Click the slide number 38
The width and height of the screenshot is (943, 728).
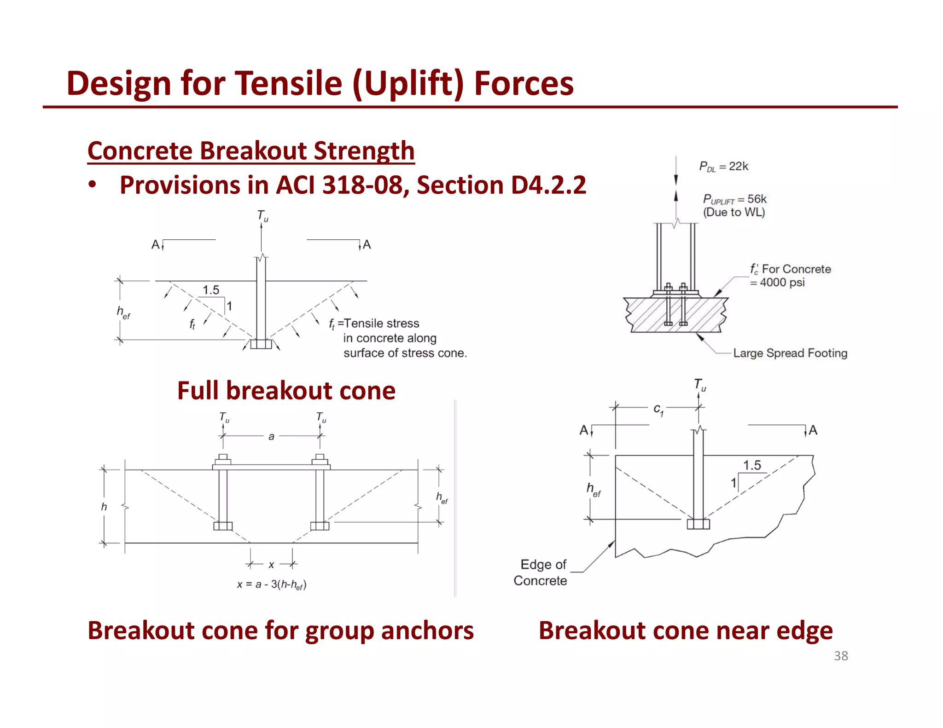click(841, 656)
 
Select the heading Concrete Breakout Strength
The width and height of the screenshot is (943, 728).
click(251, 150)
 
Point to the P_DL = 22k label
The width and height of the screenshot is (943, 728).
click(723, 166)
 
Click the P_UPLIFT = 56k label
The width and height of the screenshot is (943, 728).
click(734, 199)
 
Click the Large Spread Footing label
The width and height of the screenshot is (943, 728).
click(790, 353)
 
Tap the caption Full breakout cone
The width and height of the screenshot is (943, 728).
click(286, 391)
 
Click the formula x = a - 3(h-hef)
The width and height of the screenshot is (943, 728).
click(272, 584)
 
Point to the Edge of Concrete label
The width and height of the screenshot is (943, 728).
click(541, 572)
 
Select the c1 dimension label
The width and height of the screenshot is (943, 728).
click(658, 409)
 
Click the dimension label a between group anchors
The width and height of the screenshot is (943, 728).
click(271, 436)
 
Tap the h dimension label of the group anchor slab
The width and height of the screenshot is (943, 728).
click(104, 507)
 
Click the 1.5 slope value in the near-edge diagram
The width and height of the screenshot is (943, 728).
click(752, 465)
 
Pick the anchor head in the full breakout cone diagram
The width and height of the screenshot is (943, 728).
click(261, 344)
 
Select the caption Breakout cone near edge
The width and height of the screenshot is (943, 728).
click(686, 630)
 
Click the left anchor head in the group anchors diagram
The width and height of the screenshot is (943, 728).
click(223, 526)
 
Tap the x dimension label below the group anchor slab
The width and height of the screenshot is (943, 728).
click(271, 565)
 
